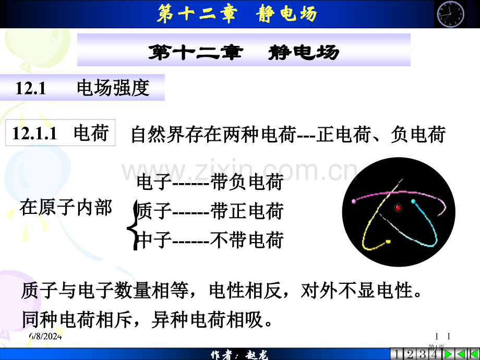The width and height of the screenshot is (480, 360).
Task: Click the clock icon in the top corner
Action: [x=449, y=14]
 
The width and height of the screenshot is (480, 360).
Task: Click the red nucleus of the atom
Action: [x=398, y=207]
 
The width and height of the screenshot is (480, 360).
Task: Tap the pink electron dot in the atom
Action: [x=354, y=201]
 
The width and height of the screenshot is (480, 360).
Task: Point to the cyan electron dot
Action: [x=413, y=201]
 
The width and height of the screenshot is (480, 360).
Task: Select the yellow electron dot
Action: [x=388, y=241]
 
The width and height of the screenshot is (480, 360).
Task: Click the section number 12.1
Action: [x=31, y=88]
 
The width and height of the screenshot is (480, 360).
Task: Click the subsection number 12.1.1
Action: [x=34, y=134]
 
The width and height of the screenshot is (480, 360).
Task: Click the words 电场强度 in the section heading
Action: [x=113, y=88]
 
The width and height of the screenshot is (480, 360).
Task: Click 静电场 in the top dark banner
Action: [x=287, y=14]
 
